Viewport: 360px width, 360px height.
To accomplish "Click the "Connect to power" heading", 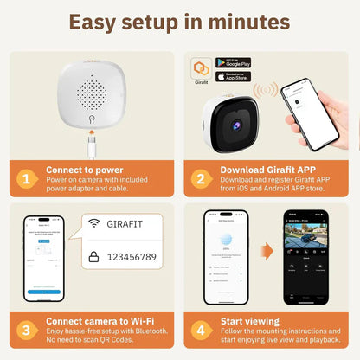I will [x=84, y=171].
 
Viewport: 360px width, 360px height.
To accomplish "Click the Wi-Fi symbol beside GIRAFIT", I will [x=93, y=223].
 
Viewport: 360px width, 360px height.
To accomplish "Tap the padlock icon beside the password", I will [x=93, y=258].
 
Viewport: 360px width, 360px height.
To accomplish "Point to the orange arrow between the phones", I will [x=267, y=252].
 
